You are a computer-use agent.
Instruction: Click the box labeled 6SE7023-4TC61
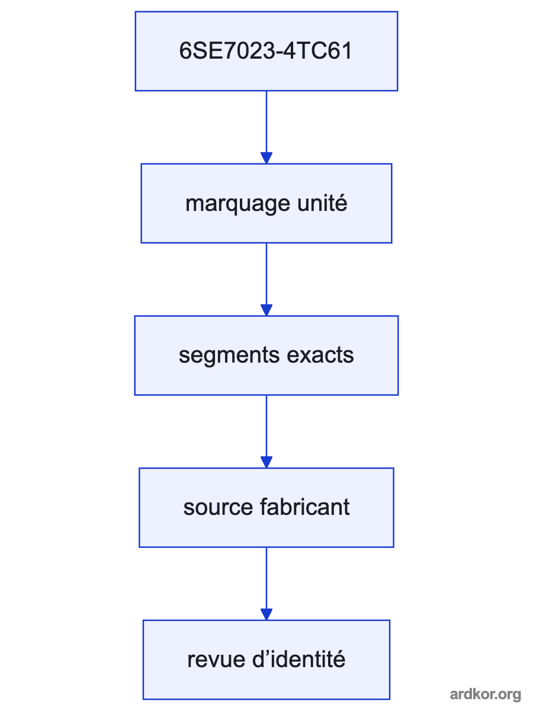[266, 51]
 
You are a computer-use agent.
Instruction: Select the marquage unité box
[266, 203]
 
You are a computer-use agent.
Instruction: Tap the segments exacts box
[266, 355]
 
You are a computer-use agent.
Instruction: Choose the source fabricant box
[266, 508]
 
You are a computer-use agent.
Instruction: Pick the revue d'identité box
[266, 660]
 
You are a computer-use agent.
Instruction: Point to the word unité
[322, 203]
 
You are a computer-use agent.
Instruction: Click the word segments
[229, 355]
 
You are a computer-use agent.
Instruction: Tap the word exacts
[320, 355]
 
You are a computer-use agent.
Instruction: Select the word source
[218, 508]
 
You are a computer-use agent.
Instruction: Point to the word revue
[216, 660]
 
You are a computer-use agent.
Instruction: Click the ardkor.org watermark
[486, 694]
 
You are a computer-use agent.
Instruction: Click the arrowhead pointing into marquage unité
[266, 158]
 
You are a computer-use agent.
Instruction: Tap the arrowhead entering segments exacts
[266, 310]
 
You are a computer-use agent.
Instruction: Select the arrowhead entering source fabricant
[266, 462]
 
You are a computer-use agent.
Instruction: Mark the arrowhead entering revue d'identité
[266, 614]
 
